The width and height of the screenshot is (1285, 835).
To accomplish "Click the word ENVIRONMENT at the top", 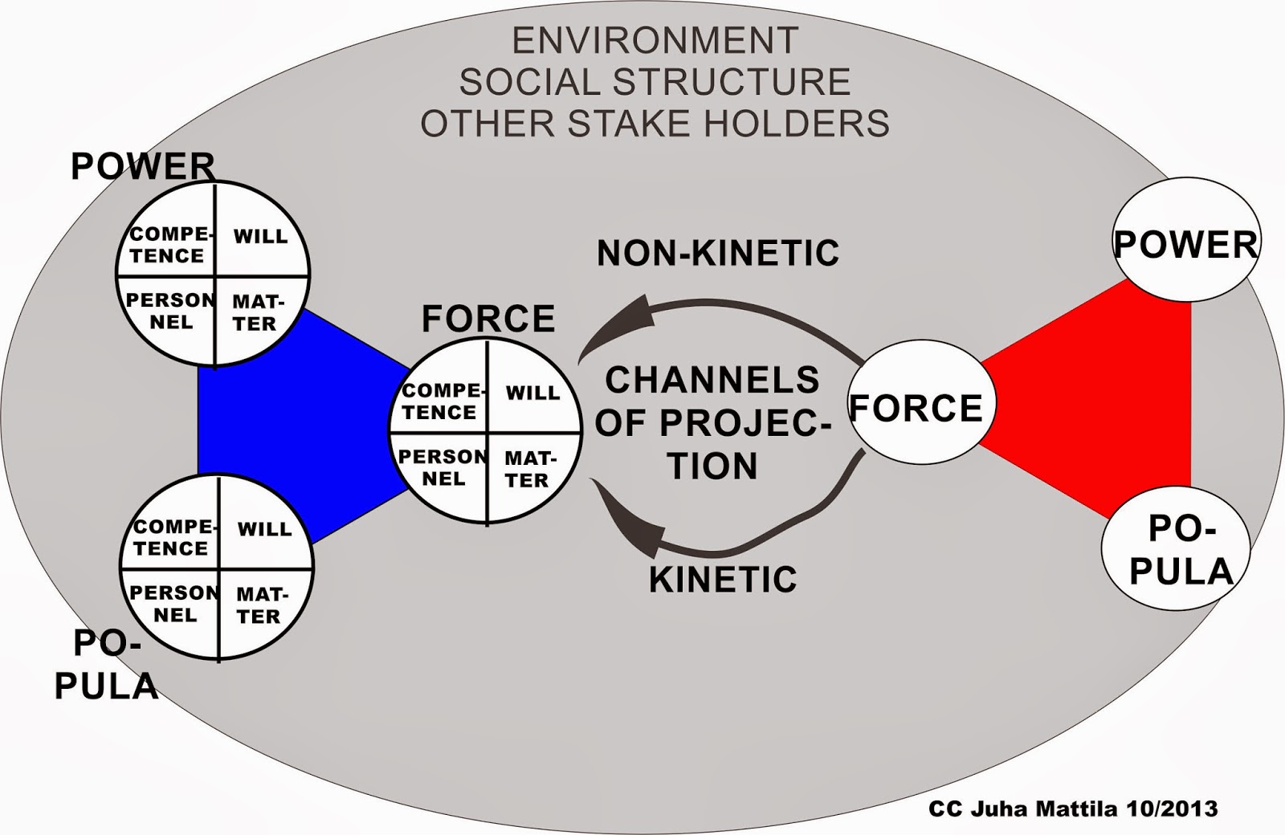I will pos(655,40).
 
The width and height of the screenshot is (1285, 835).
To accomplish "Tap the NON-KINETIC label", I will pos(717,253).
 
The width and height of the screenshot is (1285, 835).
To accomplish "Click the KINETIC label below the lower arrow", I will pos(722,579).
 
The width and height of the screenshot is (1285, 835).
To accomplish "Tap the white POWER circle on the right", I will pos(1185,244).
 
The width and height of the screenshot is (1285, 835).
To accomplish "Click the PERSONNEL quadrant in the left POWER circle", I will pos(169,312).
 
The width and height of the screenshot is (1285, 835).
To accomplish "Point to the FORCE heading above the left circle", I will pos(488,319).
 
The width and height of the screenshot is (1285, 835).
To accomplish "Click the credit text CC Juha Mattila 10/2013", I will pos(1073,808).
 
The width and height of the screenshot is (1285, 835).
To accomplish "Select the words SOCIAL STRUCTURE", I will pos(655,82).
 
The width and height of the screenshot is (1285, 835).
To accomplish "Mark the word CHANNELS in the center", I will pos(712,381).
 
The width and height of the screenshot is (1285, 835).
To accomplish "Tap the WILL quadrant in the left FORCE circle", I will pos(532,393).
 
